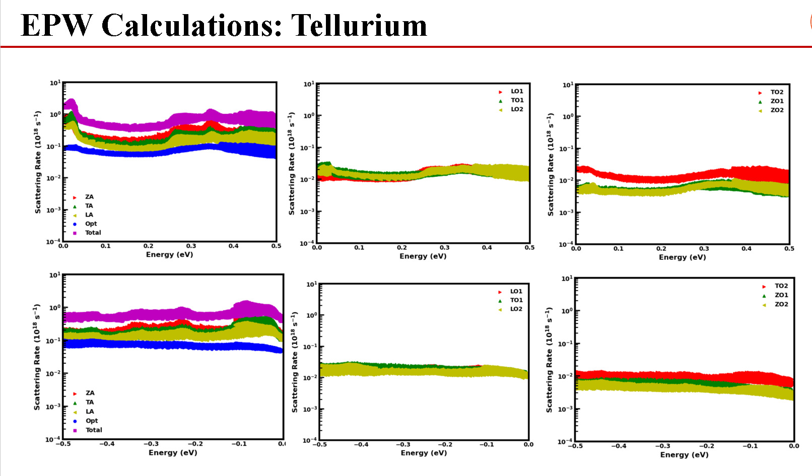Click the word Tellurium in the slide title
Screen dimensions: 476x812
(x=359, y=25)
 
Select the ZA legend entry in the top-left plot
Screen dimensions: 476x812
(x=89, y=197)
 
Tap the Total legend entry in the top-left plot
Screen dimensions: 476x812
(x=93, y=233)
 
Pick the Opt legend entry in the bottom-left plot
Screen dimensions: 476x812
(x=91, y=421)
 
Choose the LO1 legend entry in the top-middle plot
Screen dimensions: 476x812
(x=517, y=91)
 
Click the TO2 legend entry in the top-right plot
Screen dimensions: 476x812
(x=777, y=92)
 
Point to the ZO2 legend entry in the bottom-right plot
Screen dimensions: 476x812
(x=781, y=304)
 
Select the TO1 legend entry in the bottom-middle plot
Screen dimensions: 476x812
(x=516, y=300)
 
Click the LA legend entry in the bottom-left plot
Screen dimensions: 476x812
(x=89, y=412)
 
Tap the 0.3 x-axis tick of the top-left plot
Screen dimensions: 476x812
(x=191, y=246)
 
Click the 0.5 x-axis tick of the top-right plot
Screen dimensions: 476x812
(x=789, y=249)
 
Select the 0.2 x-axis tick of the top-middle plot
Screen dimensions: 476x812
(x=401, y=248)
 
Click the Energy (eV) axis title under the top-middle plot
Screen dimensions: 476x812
(x=423, y=256)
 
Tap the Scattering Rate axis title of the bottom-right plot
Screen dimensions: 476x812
(x=549, y=360)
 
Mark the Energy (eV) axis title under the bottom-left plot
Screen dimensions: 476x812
(x=173, y=453)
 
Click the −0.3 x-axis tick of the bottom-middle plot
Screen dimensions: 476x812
(x=402, y=445)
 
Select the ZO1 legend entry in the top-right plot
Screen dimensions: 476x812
(x=777, y=101)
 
